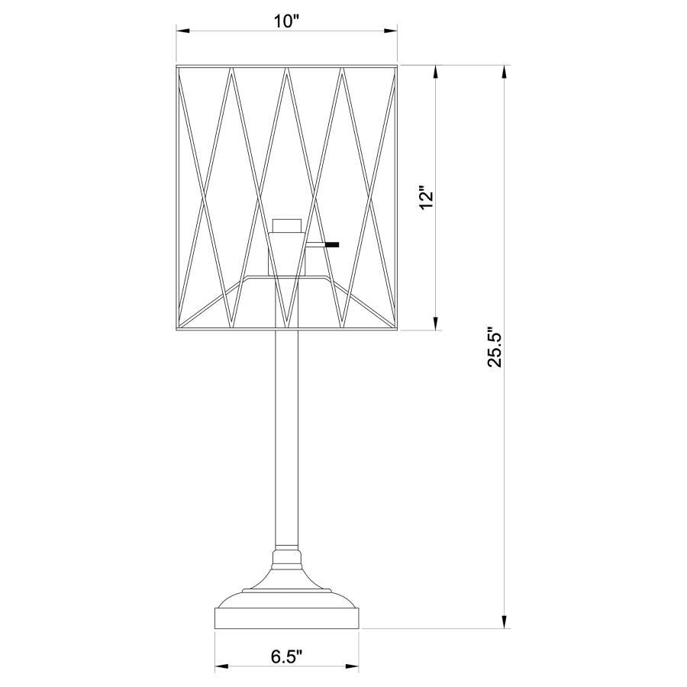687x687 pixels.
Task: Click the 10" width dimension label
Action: [x=286, y=21]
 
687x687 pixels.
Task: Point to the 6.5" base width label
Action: [x=286, y=656]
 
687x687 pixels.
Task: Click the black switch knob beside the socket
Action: [x=331, y=245]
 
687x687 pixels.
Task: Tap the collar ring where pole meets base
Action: [x=287, y=549]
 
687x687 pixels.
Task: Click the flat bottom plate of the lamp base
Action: [x=287, y=617]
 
